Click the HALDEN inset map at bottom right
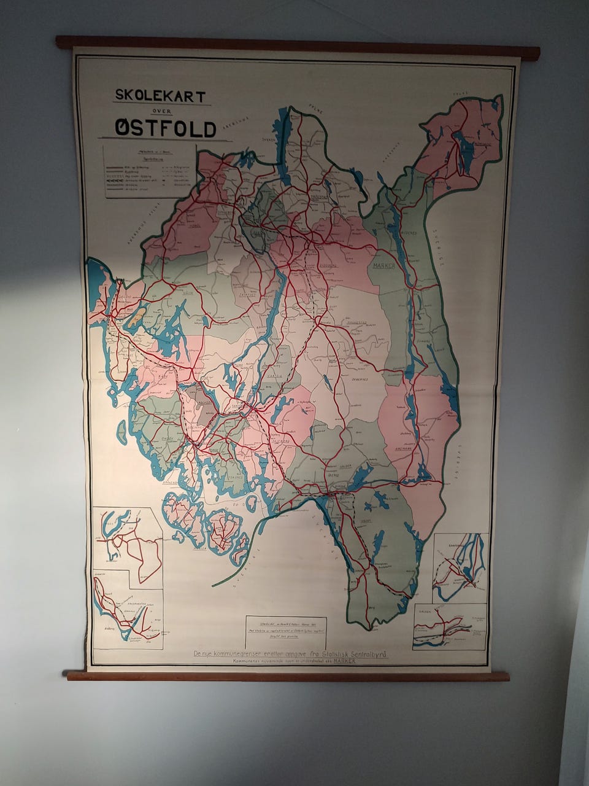[x=450, y=626]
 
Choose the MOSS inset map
[x=127, y=539]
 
